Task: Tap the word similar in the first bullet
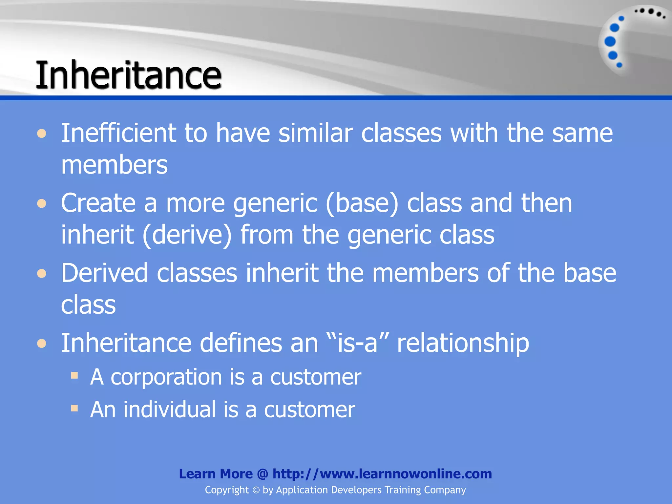pyautogui.click(x=315, y=133)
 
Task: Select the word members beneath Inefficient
pyautogui.click(x=114, y=165)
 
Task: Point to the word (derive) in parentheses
pyautogui.click(x=187, y=235)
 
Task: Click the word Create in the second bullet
pyautogui.click(x=98, y=203)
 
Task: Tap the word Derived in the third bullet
pyautogui.click(x=104, y=273)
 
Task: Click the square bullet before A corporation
pyautogui.click(x=74, y=375)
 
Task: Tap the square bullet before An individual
pyautogui.click(x=74, y=408)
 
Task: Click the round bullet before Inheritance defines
pyautogui.click(x=42, y=343)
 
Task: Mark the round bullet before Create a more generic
pyautogui.click(x=42, y=203)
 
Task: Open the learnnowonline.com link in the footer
pyautogui.click(x=382, y=474)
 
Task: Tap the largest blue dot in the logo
pyautogui.click(x=610, y=41)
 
